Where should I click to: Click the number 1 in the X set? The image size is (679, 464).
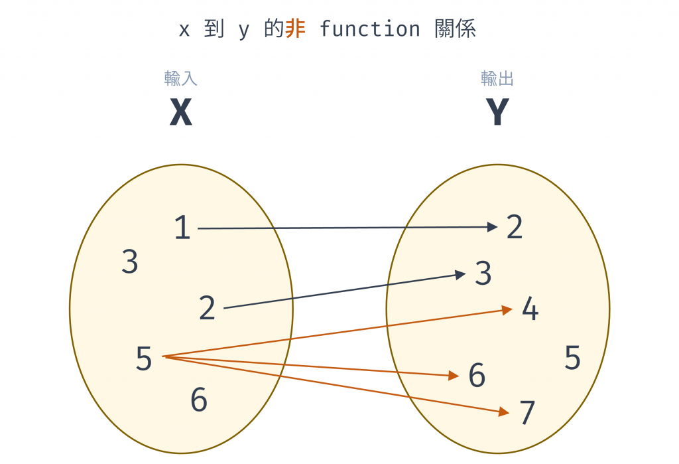pos(182,228)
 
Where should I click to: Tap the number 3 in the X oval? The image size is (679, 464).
pos(130,262)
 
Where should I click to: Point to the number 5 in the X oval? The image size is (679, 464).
pos(144,359)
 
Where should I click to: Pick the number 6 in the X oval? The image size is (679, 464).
pos(199,400)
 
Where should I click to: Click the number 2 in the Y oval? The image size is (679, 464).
pos(515,227)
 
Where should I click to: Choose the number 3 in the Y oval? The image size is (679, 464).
pos(483,273)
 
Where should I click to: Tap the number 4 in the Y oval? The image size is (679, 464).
pos(530,309)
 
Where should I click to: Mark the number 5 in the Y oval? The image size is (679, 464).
pos(572,358)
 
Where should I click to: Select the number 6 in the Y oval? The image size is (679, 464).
pos(477,376)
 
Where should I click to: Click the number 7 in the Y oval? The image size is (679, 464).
pos(527,414)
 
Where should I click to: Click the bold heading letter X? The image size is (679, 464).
pos(180,113)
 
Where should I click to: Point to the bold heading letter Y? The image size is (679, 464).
pos(497,113)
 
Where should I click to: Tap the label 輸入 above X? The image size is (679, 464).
pos(180,79)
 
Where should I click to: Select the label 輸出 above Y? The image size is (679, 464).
pos(497,79)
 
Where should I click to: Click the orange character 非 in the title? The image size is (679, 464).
pos(295,29)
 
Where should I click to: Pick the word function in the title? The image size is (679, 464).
pos(369,29)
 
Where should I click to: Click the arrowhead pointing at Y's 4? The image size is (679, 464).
pos(507,309)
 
